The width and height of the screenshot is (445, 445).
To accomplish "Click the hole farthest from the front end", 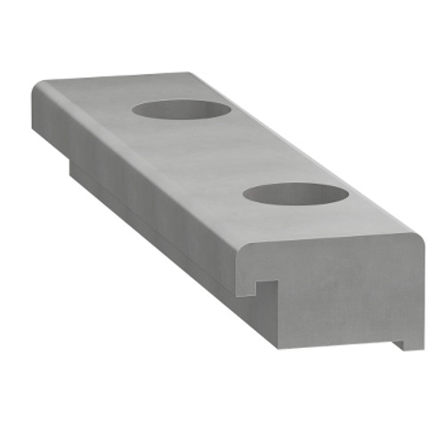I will (182, 109).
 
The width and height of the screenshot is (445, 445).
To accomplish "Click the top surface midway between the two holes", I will (236, 151).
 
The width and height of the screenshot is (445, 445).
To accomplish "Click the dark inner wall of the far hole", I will (178, 106).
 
